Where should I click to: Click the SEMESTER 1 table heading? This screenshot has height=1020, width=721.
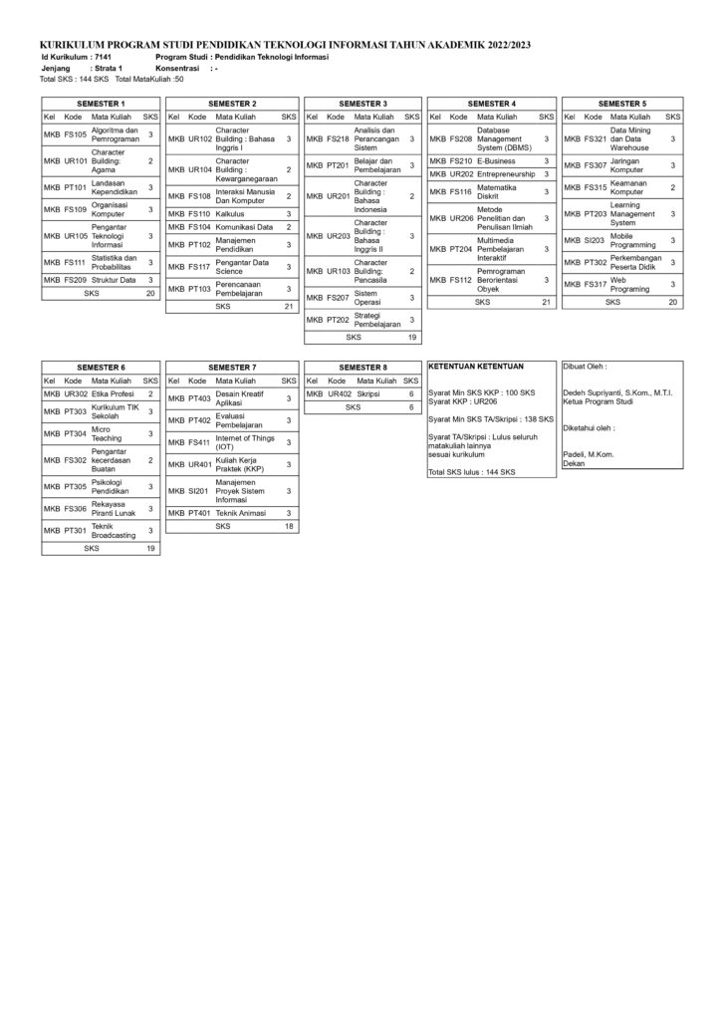click(101, 104)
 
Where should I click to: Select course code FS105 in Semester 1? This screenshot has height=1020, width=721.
click(76, 133)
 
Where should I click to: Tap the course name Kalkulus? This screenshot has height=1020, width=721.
click(232, 213)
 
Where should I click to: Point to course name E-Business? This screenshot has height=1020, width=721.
click(495, 160)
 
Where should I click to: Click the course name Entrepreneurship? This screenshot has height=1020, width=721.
click(508, 174)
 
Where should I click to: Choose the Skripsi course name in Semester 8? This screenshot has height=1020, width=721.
click(368, 393)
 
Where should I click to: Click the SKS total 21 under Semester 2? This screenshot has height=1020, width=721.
click(288, 307)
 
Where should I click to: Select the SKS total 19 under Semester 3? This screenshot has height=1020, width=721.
click(411, 338)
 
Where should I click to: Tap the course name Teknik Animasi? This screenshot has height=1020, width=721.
click(239, 512)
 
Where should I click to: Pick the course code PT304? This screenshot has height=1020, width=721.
click(76, 434)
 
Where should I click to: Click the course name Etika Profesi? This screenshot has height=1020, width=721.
click(114, 394)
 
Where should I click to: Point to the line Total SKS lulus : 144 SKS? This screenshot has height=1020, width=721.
click(471, 472)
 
